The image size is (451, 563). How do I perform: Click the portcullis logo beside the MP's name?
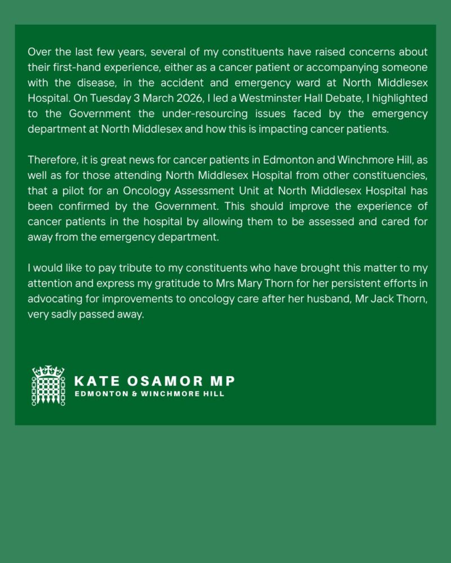pyautogui.click(x=48, y=386)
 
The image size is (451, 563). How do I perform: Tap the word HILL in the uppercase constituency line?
pyautogui.click(x=215, y=394)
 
